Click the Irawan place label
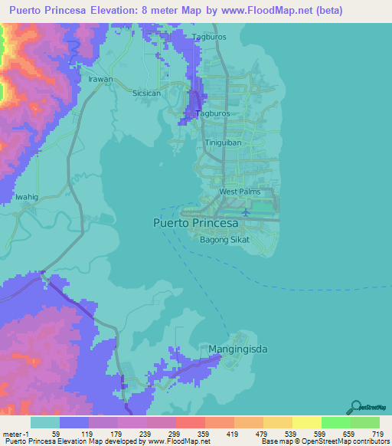100,79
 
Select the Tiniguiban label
224,143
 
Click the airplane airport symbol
246,212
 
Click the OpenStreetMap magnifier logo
357,407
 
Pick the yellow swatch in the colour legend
307,422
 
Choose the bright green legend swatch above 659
336,422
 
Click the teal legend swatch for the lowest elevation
45,422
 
